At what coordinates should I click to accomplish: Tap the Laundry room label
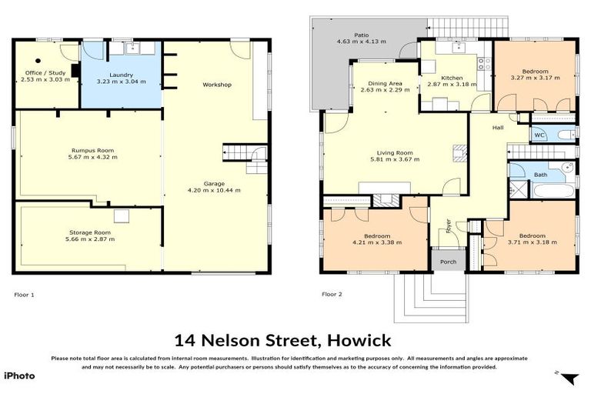pyautogui.click(x=122, y=74)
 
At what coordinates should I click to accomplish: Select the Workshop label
pyautogui.click(x=216, y=84)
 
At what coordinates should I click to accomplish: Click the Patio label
pyautogui.click(x=361, y=35)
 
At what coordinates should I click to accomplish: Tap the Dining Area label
pyautogui.click(x=385, y=82)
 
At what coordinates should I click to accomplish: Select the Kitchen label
pyautogui.click(x=452, y=78)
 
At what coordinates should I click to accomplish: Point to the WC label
pyautogui.click(x=539, y=135)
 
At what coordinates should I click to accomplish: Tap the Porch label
pyautogui.click(x=448, y=262)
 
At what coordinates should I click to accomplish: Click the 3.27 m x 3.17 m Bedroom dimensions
pyautogui.click(x=534, y=77)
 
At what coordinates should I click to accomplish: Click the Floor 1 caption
pyautogui.click(x=25, y=294)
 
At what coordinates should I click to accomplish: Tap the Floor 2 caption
pyautogui.click(x=332, y=294)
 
